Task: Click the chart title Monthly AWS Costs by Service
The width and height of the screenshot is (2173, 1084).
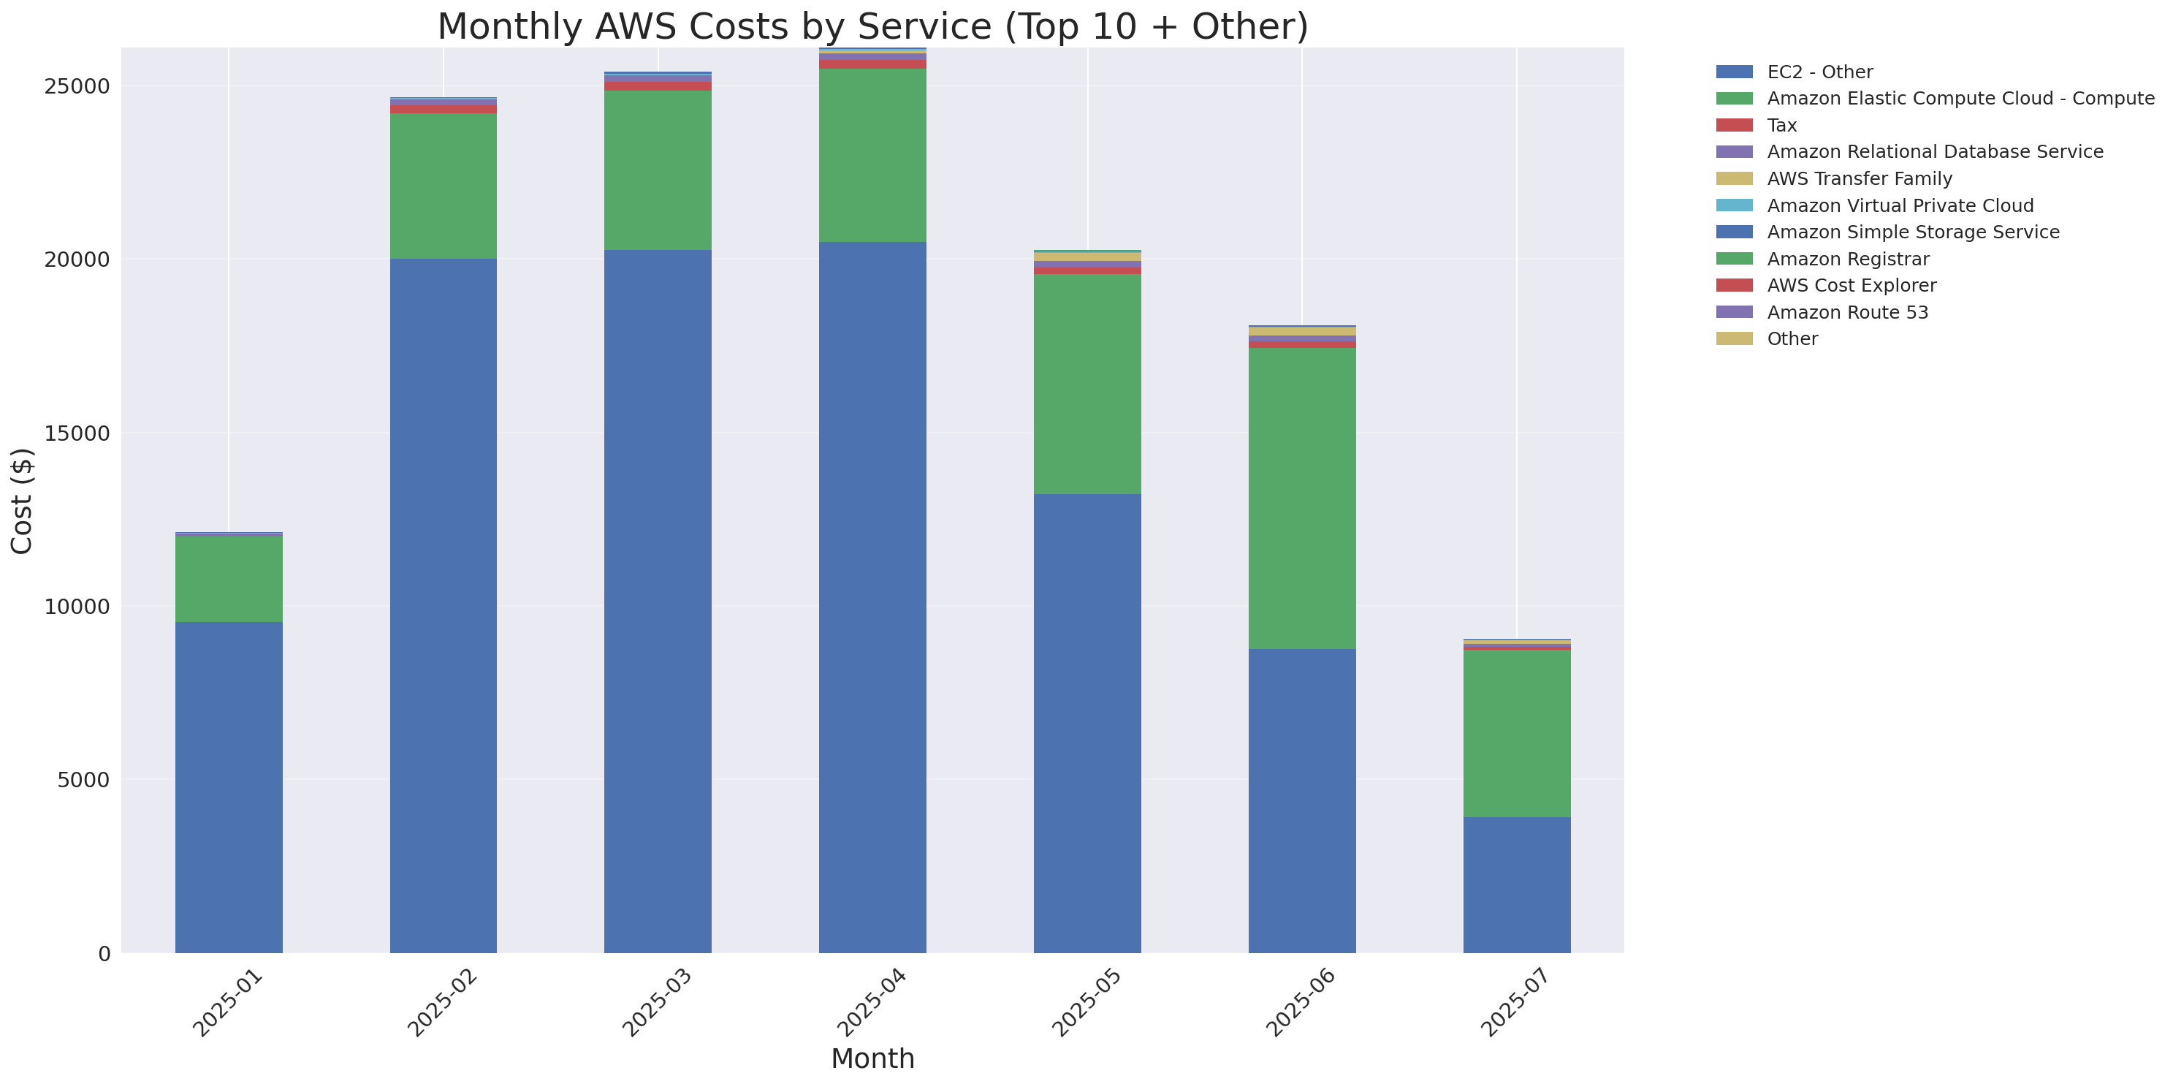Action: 872,27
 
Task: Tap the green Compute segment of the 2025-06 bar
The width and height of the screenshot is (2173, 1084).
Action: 1301,498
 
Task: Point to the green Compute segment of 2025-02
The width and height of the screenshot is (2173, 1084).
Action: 443,186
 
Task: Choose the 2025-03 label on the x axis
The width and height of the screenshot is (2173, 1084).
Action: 655,1003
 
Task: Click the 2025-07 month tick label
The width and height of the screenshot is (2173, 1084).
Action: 1514,1003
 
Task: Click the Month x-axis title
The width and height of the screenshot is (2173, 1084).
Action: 872,1058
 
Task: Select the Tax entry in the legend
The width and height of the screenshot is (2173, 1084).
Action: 1781,126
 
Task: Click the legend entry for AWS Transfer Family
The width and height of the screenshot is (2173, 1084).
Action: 1860,179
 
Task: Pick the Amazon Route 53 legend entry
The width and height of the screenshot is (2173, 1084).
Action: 1847,312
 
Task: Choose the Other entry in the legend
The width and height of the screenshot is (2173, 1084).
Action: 1792,339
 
